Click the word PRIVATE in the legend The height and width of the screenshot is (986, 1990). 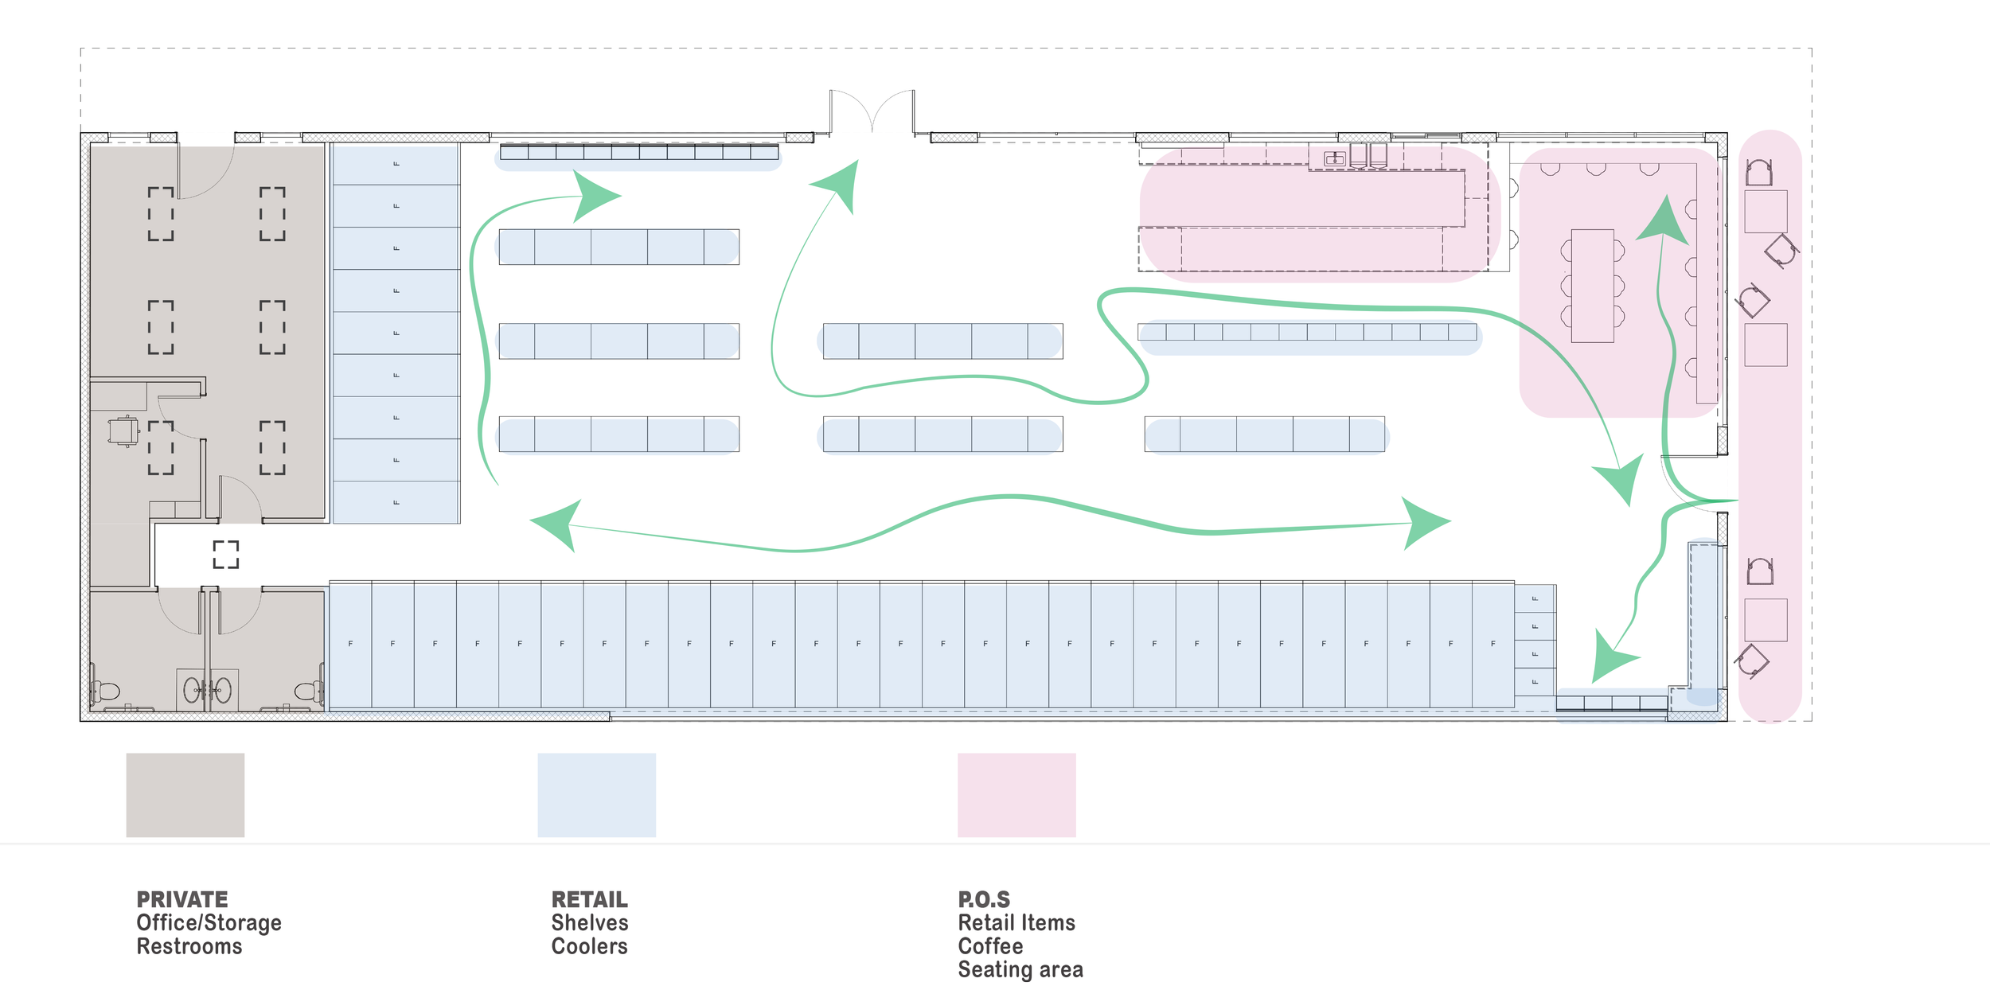[182, 899]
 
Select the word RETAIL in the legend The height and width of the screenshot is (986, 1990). [590, 899]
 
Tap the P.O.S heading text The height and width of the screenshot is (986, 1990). [984, 899]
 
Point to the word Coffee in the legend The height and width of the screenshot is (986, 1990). [990, 946]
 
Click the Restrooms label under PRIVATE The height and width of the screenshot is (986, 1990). [189, 946]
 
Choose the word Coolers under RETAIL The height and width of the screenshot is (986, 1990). [590, 946]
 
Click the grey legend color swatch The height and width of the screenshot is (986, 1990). [185, 795]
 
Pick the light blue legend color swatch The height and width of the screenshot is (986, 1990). [597, 795]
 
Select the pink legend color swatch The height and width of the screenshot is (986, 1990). [1016, 795]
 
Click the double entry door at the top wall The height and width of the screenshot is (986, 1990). [872, 111]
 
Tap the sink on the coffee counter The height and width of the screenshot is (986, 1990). [1335, 159]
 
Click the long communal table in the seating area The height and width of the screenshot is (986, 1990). [1593, 286]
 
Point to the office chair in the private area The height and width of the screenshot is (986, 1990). [123, 431]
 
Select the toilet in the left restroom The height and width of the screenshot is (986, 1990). [104, 692]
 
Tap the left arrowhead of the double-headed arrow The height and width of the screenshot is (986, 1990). [557, 524]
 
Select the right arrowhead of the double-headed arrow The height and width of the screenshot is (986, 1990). [1425, 523]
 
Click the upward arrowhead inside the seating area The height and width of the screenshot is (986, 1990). [1663, 221]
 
